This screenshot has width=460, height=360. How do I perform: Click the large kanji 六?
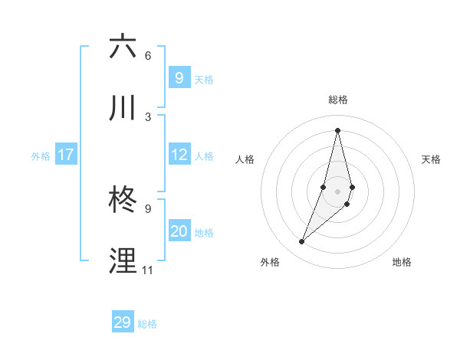coord(123,47)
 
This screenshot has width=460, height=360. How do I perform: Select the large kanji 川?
coord(123,109)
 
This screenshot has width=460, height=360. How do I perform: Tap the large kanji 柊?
coord(123,201)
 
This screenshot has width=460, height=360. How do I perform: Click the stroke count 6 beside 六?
coord(147,55)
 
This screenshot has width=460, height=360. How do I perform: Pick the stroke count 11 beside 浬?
coord(147,270)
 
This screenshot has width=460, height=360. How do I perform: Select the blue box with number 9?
coord(179,78)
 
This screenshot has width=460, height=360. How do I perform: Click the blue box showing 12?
coord(179,155)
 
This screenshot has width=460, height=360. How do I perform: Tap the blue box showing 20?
coord(179,231)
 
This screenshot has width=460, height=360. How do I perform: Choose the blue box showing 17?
coord(65,155)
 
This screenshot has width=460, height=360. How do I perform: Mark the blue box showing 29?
coord(122,322)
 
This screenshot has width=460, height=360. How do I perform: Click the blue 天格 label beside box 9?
coord(204,80)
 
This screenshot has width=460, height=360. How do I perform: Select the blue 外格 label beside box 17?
coord(41,156)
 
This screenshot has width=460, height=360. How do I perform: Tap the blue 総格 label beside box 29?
coord(147,324)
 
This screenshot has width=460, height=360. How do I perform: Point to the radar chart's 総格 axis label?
coord(338,100)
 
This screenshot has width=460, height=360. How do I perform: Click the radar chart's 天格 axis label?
coord(432,159)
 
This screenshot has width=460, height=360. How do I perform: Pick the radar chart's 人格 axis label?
coord(245,159)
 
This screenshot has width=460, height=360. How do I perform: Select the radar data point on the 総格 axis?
coord(337,130)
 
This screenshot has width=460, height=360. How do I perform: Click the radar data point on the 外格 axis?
coord(302,241)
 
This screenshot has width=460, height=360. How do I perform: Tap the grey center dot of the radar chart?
coord(337,191)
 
